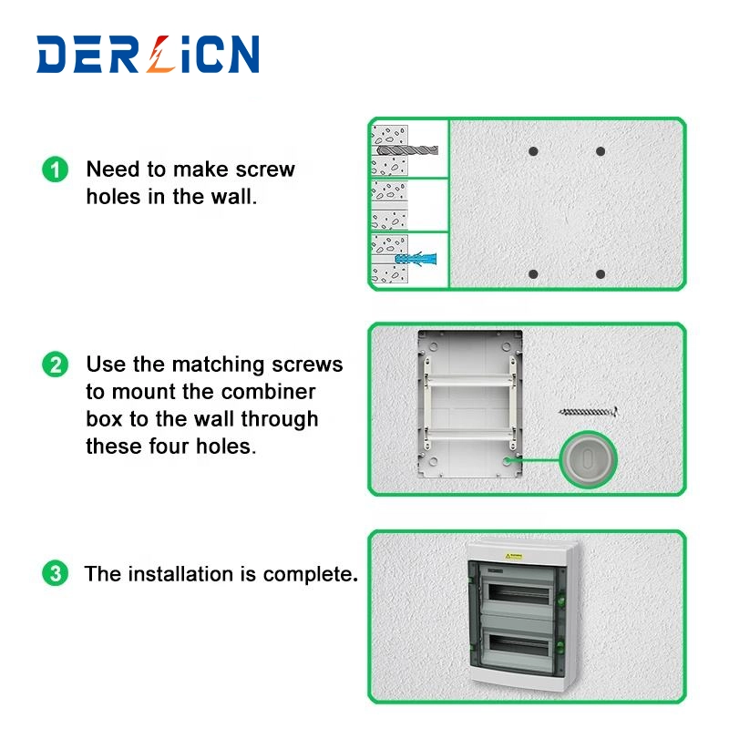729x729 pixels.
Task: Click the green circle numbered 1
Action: coord(56,169)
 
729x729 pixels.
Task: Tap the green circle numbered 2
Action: coord(56,364)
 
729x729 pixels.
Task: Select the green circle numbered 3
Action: coord(56,573)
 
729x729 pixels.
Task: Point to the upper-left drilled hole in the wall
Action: coord(533,151)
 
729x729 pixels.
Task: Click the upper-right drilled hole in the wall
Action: coord(601,151)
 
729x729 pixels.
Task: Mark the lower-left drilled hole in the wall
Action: coord(533,274)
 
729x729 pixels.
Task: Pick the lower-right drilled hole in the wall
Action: coord(601,274)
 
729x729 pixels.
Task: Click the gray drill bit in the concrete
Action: coord(407,149)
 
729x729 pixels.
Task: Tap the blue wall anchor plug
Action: coord(416,259)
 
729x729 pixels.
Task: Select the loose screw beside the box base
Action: coord(588,412)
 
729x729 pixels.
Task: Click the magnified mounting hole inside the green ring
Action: coord(588,460)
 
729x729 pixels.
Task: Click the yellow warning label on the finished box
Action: coord(514,556)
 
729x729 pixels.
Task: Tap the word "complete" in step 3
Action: coord(311,575)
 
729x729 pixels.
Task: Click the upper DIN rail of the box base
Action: coord(469,381)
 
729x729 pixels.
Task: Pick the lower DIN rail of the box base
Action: coord(469,436)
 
